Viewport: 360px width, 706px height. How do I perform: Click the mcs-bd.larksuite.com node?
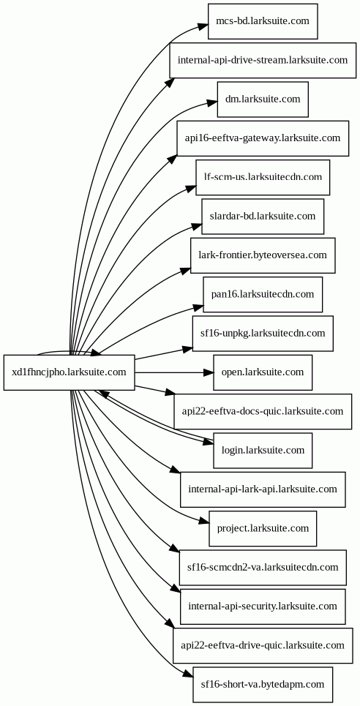[x=263, y=21]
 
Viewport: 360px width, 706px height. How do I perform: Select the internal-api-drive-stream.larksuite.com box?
[x=263, y=60]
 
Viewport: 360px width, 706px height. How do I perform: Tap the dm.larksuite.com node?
[x=263, y=99]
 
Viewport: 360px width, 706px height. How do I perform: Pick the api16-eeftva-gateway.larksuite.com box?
[x=263, y=138]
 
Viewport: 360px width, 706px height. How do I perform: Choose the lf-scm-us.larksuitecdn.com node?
[x=263, y=177]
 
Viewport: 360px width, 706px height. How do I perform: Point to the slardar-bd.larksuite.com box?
[x=263, y=217]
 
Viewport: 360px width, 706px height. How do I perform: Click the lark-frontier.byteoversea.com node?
[x=263, y=255]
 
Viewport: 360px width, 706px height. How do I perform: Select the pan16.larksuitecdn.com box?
[x=263, y=294]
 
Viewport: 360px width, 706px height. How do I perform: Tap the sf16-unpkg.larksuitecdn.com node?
[x=263, y=334]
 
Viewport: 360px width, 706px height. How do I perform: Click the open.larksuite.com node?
[x=263, y=372]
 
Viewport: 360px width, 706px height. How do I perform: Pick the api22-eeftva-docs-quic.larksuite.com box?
[x=263, y=412]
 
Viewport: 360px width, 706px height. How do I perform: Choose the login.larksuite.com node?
[x=263, y=451]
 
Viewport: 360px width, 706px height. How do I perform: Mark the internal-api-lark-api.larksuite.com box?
[x=263, y=489]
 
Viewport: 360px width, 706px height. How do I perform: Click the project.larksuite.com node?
[x=263, y=529]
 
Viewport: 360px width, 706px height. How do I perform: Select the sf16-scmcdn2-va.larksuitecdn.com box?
[x=263, y=568]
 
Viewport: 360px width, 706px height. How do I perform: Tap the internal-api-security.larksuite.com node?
[x=263, y=607]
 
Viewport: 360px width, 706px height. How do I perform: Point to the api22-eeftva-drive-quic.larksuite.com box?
[x=263, y=646]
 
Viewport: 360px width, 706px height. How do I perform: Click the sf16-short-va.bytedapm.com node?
[x=263, y=685]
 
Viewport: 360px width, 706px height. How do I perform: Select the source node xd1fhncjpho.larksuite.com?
[x=70, y=372]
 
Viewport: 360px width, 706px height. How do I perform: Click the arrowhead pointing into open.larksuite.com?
[x=208, y=372]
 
